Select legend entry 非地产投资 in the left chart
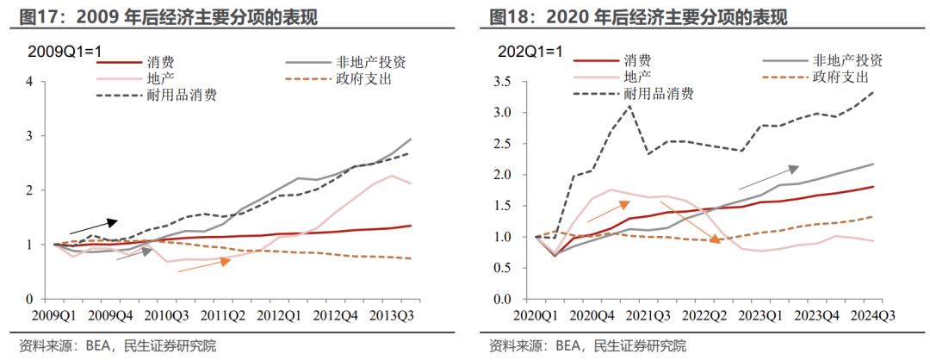point(371,62)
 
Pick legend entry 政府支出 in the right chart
point(840,78)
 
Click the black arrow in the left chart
point(93,227)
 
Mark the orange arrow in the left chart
point(203,264)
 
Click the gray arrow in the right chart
point(769,177)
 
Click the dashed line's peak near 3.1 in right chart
point(629,106)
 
